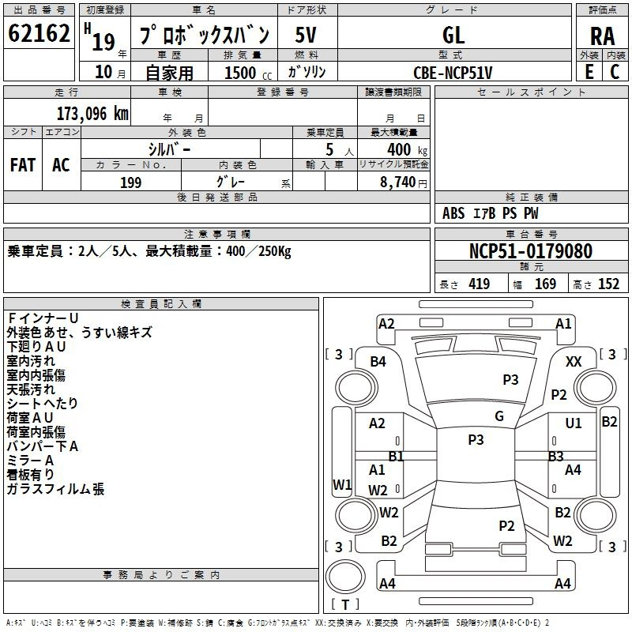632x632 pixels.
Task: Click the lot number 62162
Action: pos(38,33)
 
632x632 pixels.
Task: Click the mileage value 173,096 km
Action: pos(92,113)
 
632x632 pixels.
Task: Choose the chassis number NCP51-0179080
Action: pos(530,251)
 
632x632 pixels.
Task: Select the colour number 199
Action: pos(131,182)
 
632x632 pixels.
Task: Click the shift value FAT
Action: pos(22,164)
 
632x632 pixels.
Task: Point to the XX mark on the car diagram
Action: pos(574,361)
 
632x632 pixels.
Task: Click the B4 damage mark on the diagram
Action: pos(378,361)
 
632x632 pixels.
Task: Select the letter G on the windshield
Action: pos(498,416)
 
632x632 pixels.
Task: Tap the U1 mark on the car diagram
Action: pos(574,423)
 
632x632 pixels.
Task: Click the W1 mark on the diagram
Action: pos(341,484)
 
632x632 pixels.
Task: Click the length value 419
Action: pos(479,284)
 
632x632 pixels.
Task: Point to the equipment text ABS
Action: pos(453,213)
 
